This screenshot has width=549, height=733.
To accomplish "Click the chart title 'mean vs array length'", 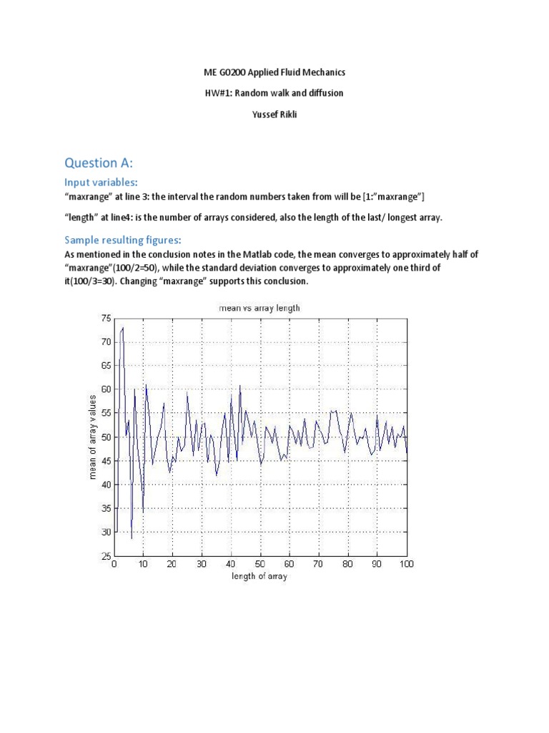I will [x=259, y=308].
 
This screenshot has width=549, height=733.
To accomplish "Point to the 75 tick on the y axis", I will [x=106, y=319].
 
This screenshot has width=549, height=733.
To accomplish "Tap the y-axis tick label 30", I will [x=106, y=532].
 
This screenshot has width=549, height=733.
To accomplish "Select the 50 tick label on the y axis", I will [x=106, y=437].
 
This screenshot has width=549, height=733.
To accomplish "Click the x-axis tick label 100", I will [x=407, y=564].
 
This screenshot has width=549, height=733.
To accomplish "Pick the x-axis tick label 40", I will [x=231, y=564].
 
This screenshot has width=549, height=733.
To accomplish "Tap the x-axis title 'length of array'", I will [x=259, y=576].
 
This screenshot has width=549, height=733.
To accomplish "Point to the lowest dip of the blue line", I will [x=132, y=538].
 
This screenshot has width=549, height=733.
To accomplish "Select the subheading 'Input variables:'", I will [x=101, y=182].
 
